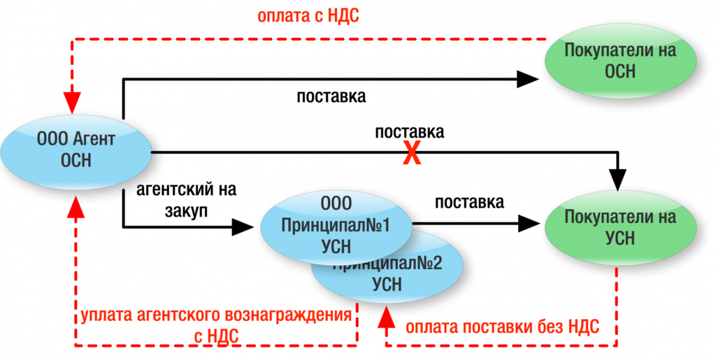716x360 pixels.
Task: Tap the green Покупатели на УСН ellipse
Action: click(x=620, y=227)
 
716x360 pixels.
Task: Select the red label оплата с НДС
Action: click(x=308, y=15)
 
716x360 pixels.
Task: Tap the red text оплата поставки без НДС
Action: click(x=502, y=327)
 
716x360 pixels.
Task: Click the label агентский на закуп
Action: click(x=186, y=199)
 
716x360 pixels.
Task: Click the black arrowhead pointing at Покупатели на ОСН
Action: click(x=529, y=79)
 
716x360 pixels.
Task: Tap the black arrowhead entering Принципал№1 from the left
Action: click(x=242, y=226)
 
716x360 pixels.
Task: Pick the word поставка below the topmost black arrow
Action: click(x=331, y=96)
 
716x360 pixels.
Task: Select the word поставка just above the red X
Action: click(x=410, y=132)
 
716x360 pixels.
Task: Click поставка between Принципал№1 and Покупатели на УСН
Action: click(x=469, y=203)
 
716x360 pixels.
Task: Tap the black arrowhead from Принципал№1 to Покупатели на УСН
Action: click(x=529, y=224)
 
